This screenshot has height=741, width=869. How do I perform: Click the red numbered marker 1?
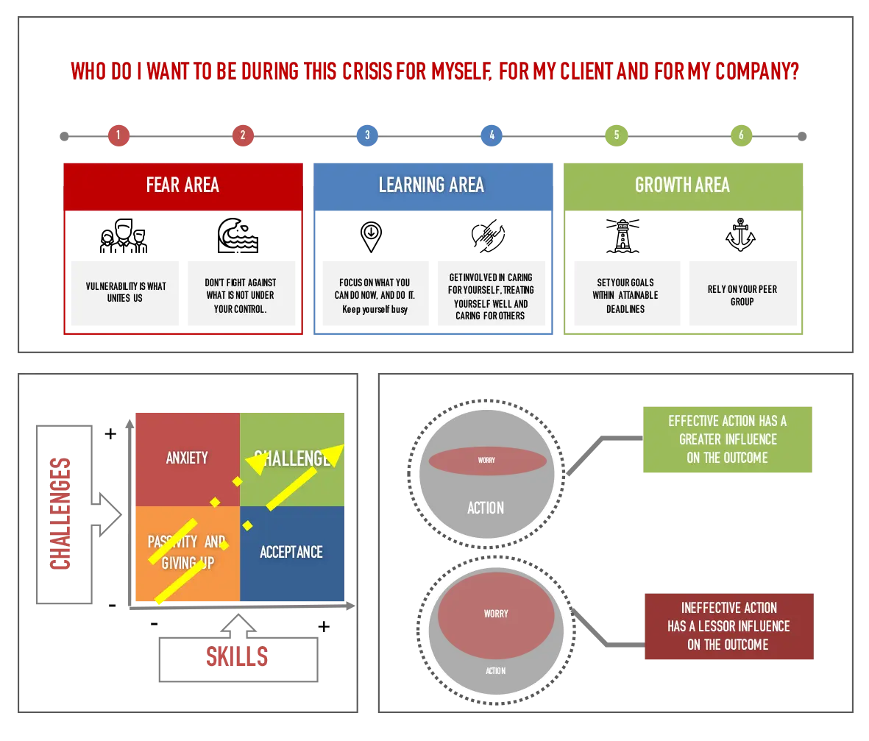coord(118,135)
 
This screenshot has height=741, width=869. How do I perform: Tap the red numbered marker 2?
coord(243,135)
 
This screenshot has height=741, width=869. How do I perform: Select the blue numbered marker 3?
coord(367,135)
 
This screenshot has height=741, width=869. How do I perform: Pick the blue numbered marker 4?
coord(492,135)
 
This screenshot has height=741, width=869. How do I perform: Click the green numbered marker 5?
coord(617,135)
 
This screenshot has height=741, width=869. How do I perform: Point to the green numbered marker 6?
coord(741,135)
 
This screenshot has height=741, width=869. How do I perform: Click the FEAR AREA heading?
coord(182,185)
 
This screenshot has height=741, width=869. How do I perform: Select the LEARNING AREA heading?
coord(432,185)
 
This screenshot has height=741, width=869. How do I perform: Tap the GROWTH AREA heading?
coord(682,185)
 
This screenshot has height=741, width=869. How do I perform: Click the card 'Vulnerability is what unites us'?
coord(126,294)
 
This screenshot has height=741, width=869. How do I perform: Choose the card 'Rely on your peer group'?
coord(744,294)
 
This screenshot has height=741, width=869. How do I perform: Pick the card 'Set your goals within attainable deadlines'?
coord(626,294)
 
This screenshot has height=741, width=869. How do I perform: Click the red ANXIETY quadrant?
coord(188,458)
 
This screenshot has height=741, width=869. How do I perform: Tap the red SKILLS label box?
coord(238,657)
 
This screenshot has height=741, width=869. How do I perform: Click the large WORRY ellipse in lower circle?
coord(495,614)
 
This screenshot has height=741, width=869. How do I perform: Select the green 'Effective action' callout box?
coord(727,440)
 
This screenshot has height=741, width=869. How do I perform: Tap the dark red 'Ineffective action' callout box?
coord(729,626)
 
